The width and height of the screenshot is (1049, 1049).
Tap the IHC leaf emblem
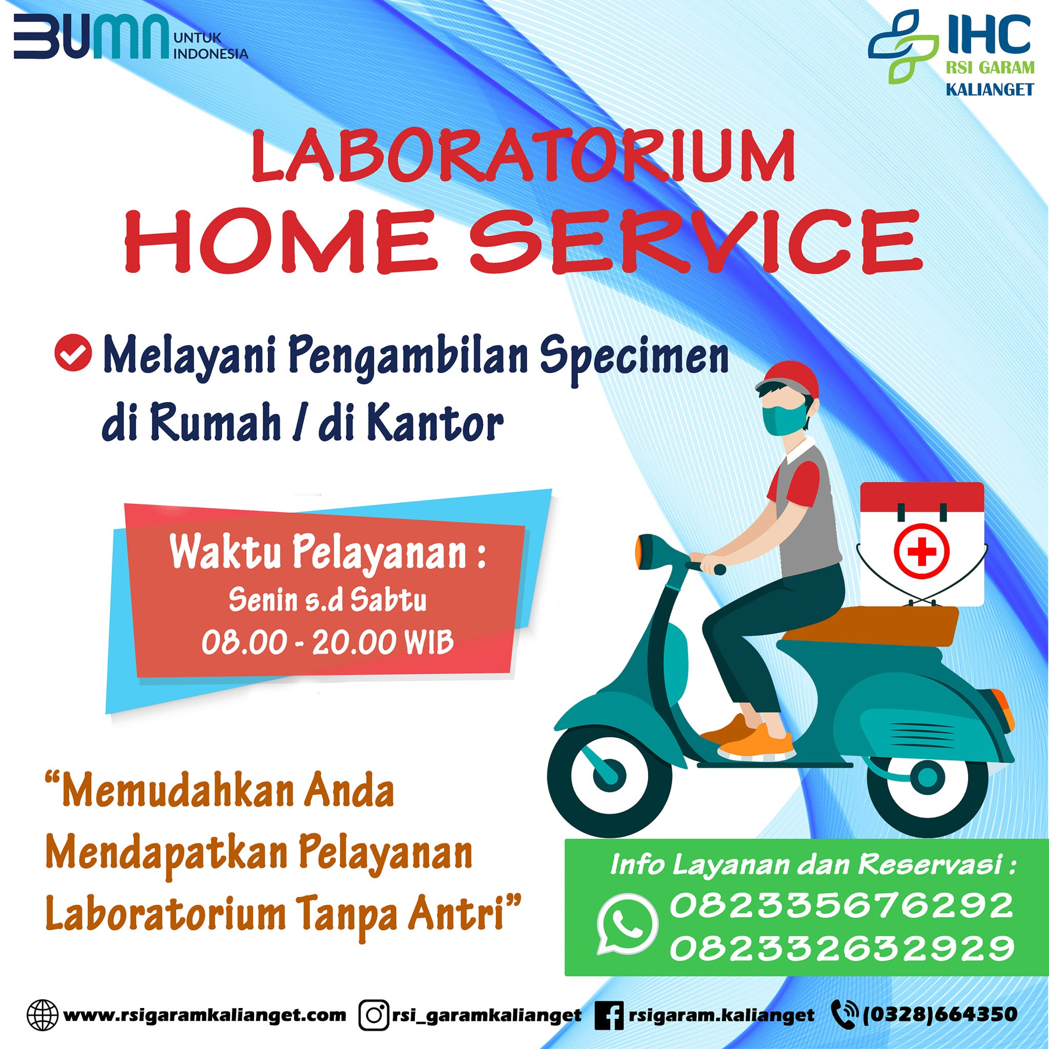[903, 46]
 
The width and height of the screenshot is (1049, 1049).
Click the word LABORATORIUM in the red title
[523, 156]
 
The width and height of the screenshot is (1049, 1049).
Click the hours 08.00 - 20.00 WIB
[327, 643]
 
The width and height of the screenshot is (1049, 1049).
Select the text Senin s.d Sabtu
[327, 600]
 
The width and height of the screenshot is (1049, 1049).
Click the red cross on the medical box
[922, 552]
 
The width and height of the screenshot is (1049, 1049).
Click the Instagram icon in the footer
[374, 1014]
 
